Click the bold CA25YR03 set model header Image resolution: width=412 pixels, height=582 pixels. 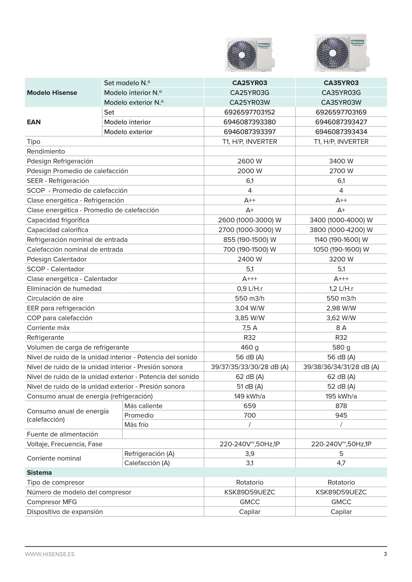(250, 83)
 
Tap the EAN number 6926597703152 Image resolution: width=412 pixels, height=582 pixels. (250, 112)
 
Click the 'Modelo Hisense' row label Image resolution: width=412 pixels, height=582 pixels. (52, 93)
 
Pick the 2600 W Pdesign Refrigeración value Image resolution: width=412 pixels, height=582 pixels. (250, 161)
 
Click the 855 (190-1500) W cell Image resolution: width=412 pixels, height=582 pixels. (250, 240)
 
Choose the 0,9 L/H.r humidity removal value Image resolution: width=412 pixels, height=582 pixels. (250, 289)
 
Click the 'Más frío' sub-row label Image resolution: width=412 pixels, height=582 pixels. (136, 425)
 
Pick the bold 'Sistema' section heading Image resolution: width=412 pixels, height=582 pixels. (39, 473)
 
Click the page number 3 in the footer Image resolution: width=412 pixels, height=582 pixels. (385, 554)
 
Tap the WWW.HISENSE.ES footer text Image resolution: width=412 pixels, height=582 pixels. (50, 554)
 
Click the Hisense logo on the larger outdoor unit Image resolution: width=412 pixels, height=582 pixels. (357, 42)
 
